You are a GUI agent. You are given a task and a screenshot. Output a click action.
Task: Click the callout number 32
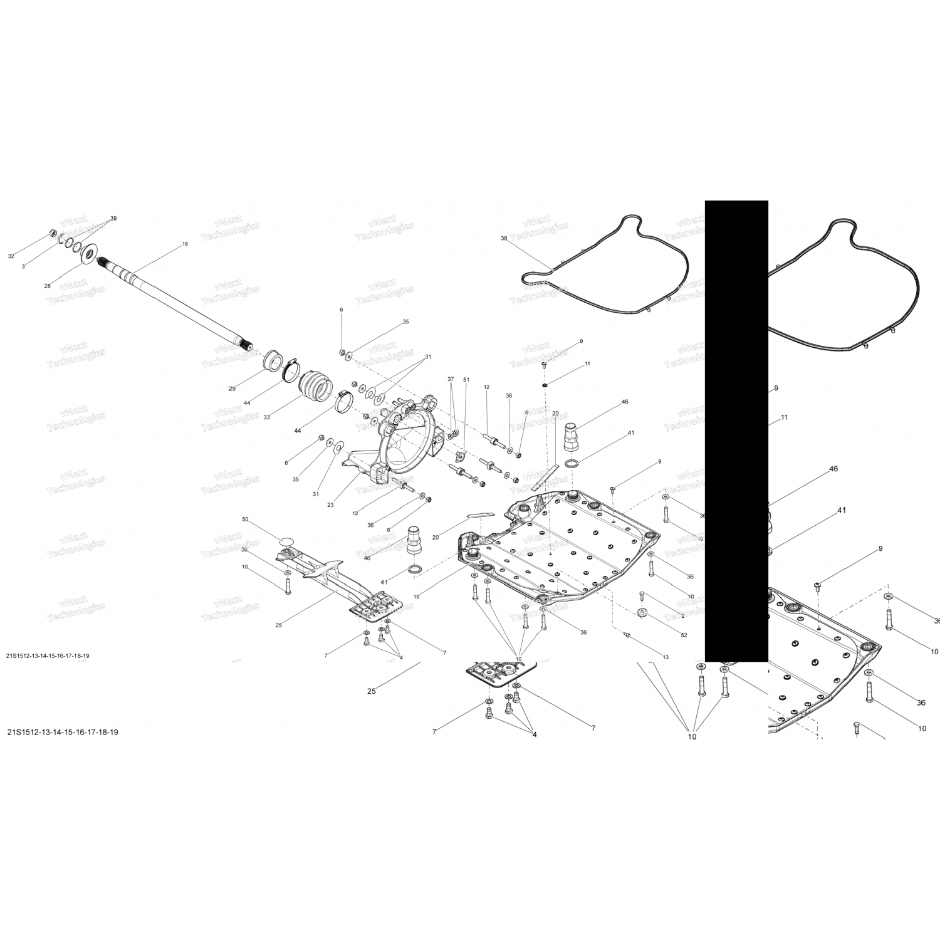pyautogui.click(x=11, y=256)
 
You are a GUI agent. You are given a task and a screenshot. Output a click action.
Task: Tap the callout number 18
pyautogui.click(x=185, y=244)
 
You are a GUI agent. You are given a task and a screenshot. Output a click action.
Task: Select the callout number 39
pyautogui.click(x=113, y=218)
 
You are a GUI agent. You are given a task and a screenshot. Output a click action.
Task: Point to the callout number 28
pyautogui.click(x=47, y=286)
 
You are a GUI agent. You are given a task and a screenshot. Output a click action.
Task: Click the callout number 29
pyautogui.click(x=232, y=389)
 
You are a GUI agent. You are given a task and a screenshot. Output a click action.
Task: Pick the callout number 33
pyautogui.click(x=266, y=417)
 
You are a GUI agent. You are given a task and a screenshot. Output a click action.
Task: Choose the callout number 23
pyautogui.click(x=330, y=505)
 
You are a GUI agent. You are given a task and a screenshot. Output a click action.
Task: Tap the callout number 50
pyautogui.click(x=245, y=520)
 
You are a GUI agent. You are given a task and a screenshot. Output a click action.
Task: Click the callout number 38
pyautogui.click(x=504, y=238)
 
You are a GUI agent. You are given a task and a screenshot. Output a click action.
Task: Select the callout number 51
pyautogui.click(x=466, y=380)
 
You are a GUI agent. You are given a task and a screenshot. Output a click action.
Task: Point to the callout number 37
pyautogui.click(x=450, y=379)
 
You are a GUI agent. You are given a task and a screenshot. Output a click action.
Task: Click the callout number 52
pyautogui.click(x=684, y=635)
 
